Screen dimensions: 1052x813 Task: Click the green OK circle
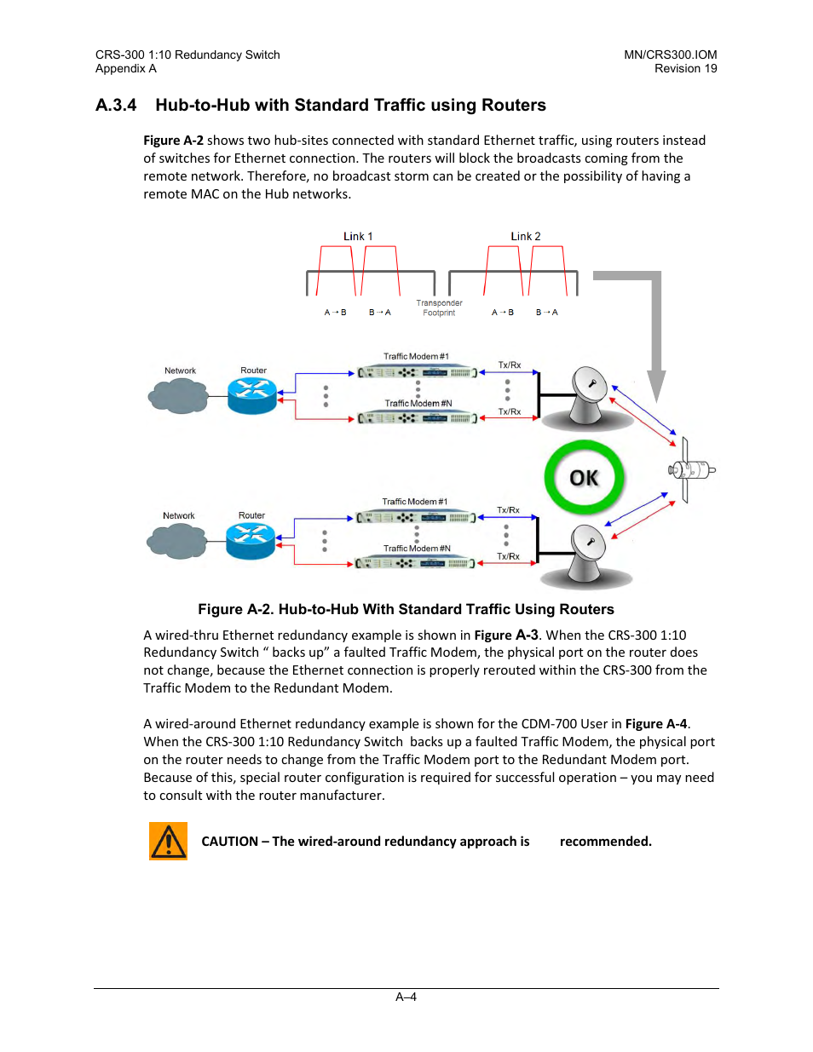(x=584, y=478)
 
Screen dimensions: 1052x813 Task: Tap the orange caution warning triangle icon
(x=168, y=842)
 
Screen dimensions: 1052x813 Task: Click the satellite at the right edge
(x=690, y=469)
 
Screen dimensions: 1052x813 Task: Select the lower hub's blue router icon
(x=251, y=540)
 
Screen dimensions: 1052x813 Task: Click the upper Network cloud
(x=179, y=395)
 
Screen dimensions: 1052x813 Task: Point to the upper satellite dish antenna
(x=586, y=395)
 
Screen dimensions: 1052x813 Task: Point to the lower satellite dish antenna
(x=585, y=554)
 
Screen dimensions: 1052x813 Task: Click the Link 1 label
(x=358, y=236)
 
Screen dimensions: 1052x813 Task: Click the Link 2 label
(x=526, y=236)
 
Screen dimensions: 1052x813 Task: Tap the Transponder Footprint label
(x=439, y=308)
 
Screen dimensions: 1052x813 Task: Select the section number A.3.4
(x=116, y=105)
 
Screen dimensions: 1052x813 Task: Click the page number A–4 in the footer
(x=406, y=997)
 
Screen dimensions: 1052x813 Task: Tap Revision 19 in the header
(x=685, y=68)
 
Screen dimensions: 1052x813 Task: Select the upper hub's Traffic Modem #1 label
(x=416, y=356)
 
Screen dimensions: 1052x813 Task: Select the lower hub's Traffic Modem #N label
(x=417, y=549)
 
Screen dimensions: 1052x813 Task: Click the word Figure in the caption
(x=220, y=609)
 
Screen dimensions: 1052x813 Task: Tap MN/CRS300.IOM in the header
(x=670, y=55)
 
